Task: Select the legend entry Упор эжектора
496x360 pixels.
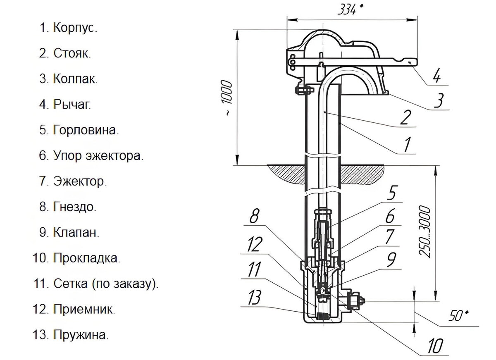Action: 98,156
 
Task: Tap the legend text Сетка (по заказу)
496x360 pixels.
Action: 106,284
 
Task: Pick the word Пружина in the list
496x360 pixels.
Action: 81,335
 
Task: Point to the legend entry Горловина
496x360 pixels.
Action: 86,130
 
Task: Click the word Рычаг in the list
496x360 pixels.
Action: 72,105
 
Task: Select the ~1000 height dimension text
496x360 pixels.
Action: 228,98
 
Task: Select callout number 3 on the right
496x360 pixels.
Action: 439,100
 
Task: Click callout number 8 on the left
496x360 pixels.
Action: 254,217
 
